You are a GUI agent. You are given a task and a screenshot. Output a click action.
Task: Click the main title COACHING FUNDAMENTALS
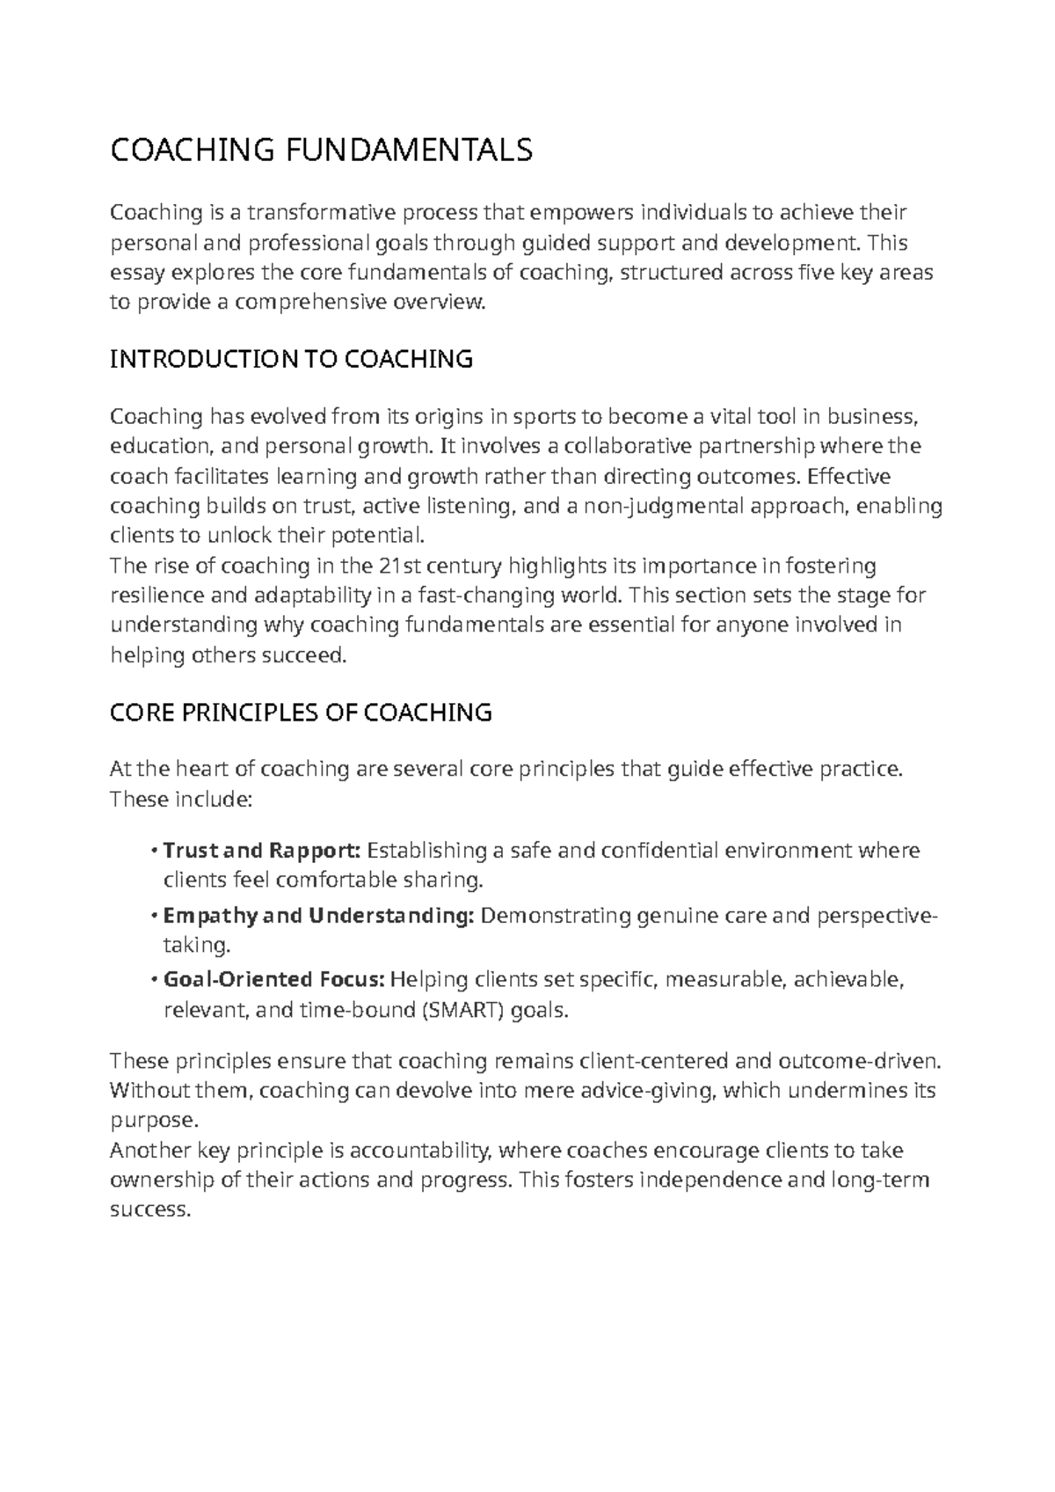point(321,150)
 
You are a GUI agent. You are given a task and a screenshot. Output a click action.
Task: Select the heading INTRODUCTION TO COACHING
point(291,359)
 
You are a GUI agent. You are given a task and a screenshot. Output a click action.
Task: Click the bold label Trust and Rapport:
point(262,851)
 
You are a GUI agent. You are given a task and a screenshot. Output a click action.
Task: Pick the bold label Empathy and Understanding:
point(318,916)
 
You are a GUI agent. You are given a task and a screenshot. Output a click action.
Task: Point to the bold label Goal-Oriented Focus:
point(274,980)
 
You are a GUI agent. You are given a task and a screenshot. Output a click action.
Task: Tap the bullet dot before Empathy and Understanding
point(155,917)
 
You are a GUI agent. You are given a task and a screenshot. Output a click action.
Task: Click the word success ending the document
point(149,1210)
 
